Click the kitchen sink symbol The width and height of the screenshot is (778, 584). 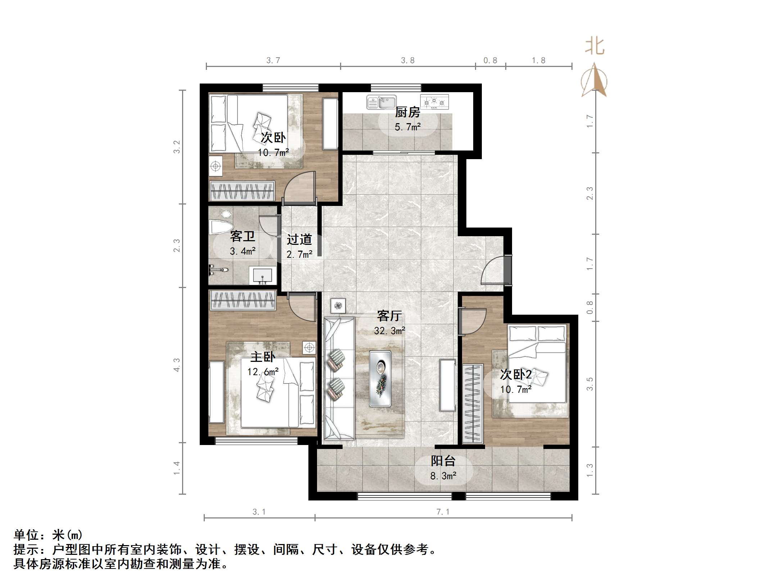pos(381,102)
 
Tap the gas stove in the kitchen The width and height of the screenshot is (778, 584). pos(434,102)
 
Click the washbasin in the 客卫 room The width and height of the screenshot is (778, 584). pos(263,275)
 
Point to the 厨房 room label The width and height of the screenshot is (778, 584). pos(407,112)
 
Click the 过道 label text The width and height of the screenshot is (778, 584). pos(299,239)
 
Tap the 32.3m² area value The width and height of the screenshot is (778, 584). pos(389,331)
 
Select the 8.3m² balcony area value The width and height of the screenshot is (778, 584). pos(443,476)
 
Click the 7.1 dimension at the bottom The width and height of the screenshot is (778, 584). pos(443,512)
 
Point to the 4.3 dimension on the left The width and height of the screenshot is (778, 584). pos(177,365)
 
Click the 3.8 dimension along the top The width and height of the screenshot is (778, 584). pos(408,60)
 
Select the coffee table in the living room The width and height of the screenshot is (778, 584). pos(380,378)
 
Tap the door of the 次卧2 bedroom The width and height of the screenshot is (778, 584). pos(472,322)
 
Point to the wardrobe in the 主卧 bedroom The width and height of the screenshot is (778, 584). pos(243,300)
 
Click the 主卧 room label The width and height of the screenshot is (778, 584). pos(263,357)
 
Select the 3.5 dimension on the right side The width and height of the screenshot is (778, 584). pos(589,384)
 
